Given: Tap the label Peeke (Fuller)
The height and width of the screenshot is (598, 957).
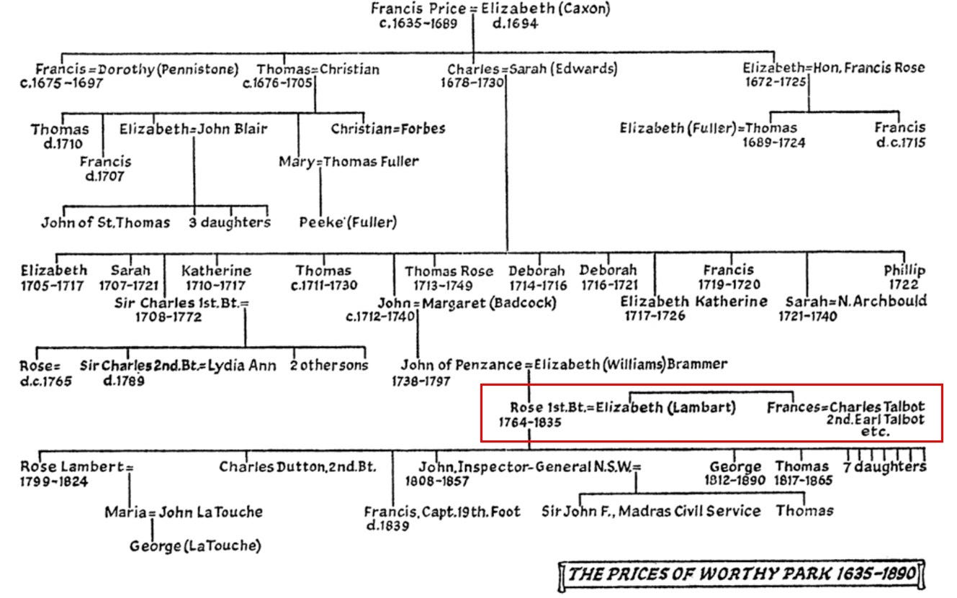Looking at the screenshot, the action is [348, 222].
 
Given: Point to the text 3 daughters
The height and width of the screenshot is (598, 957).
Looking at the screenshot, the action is [230, 222].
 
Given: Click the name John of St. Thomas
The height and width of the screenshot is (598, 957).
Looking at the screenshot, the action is [105, 222].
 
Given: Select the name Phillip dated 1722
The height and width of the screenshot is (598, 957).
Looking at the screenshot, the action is [904, 271].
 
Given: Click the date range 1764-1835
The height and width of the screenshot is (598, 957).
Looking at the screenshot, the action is [530, 422].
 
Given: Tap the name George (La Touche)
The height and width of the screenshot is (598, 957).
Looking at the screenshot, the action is [195, 546].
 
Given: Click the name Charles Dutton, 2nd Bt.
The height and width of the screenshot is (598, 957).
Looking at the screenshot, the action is [297, 467].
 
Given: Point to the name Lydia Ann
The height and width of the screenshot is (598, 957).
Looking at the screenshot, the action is [242, 366].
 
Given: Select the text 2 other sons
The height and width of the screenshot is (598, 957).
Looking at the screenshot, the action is [328, 366].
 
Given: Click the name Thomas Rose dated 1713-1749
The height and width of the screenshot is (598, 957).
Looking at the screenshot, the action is [449, 271].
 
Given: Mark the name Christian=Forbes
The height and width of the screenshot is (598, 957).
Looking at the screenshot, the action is [388, 130].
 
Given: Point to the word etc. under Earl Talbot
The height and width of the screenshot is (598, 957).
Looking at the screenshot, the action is [875, 432].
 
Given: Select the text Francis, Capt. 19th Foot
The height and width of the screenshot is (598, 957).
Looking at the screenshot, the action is [441, 512].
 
